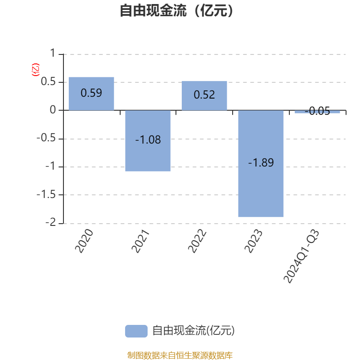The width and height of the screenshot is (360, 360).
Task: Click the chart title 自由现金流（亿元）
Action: [x=176, y=10]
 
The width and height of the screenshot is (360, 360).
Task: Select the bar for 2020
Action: [x=91, y=94]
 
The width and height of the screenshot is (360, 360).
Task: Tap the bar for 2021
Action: [x=148, y=141]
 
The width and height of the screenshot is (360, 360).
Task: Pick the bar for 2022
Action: [x=204, y=95]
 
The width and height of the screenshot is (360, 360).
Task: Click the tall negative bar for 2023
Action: [x=261, y=163]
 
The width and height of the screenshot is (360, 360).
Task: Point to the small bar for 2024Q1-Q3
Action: [x=317, y=112]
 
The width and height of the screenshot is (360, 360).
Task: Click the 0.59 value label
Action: [x=91, y=93]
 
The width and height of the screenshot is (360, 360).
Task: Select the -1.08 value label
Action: [x=148, y=140]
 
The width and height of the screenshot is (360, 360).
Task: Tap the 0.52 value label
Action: [x=204, y=95]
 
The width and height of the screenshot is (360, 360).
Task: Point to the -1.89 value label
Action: [x=261, y=163]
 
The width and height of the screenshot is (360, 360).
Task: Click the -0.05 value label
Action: [x=317, y=111]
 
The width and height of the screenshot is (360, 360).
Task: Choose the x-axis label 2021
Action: [x=140, y=241]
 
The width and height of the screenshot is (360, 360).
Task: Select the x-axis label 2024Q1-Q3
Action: [x=301, y=256]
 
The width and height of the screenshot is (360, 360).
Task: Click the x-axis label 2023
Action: [x=253, y=241]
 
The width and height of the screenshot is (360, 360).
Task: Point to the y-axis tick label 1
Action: [x=53, y=53]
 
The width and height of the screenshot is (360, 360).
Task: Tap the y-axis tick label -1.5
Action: [x=46, y=195]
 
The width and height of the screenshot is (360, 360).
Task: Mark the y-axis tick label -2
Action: [x=50, y=222]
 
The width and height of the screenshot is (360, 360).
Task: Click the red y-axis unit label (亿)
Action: [x=36, y=70]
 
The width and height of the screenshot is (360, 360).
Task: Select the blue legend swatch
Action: [x=136, y=331]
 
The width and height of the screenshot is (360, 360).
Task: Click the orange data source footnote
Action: [x=180, y=355]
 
